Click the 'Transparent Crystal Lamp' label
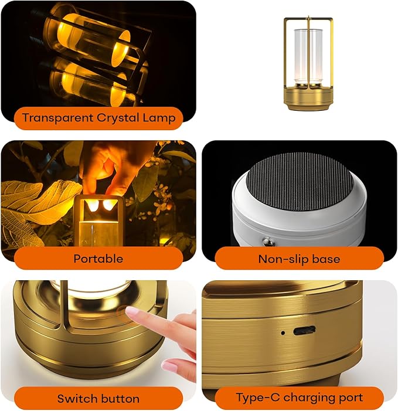tap(98, 118)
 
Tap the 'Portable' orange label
tap(98, 258)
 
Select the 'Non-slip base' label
tap(299, 258)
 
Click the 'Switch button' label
tap(98, 398)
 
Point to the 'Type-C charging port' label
tap(299, 398)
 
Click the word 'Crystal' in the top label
tap(118, 118)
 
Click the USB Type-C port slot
tap(304, 330)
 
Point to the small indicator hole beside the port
tap(283, 332)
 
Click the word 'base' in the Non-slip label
tap(326, 258)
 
